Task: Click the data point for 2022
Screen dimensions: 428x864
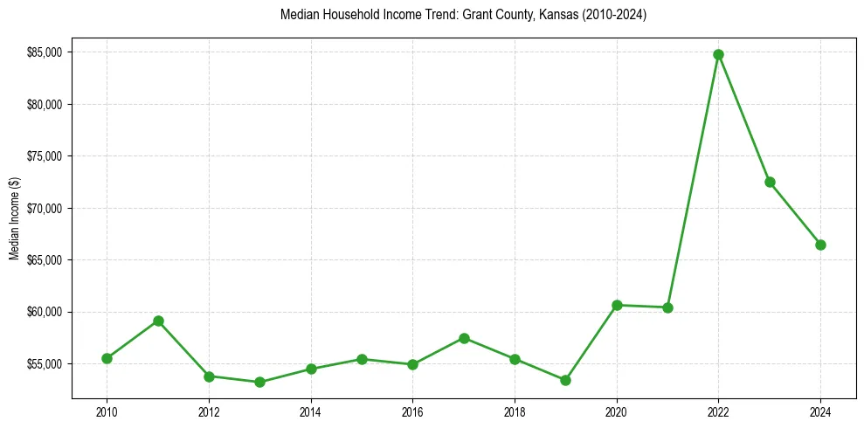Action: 718,54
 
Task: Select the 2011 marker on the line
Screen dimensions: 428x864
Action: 158,321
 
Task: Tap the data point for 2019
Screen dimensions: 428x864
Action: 565,380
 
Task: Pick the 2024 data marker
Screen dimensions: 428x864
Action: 820,245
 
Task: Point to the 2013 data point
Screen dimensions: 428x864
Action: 259,382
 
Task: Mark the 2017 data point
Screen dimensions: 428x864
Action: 464,338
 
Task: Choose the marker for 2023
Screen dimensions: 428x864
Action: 770,182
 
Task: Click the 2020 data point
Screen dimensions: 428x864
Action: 617,305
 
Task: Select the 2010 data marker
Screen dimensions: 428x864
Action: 107,358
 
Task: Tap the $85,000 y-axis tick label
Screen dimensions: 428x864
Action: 45,52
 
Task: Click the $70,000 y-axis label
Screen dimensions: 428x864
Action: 45,208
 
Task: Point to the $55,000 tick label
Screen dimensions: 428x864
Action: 45,363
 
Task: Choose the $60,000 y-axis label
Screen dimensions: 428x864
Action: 45,312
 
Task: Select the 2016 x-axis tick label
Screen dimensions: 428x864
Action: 412,411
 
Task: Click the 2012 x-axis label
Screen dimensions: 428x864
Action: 209,411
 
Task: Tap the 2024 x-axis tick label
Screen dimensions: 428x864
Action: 820,411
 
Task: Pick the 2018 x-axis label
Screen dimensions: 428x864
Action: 515,411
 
